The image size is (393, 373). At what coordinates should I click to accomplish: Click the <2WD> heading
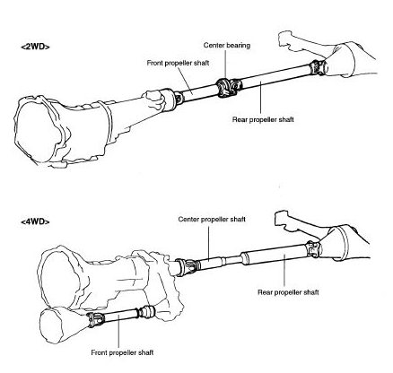pos(35,47)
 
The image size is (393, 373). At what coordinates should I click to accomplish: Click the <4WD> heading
pos(35,221)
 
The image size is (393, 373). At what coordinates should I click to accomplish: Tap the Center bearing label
pos(227,46)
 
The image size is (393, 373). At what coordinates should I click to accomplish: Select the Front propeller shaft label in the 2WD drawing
pos(178,63)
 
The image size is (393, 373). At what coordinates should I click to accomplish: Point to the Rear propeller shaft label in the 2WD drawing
pos(263,119)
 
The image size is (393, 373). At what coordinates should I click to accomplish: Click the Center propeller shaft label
pos(212,219)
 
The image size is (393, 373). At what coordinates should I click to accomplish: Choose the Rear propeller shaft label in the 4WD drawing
pos(288,292)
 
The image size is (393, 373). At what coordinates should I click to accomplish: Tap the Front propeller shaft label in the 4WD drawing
pos(122,352)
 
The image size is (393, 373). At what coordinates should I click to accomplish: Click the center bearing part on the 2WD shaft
pos(224,88)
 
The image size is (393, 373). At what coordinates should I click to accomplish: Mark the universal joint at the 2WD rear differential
pos(316,68)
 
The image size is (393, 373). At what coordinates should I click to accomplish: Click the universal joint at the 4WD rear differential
pos(313,249)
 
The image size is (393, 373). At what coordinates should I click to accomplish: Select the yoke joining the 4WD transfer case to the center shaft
pos(188,266)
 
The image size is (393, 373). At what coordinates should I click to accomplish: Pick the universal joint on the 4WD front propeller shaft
pos(95,319)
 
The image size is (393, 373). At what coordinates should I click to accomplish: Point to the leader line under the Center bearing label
pos(225,65)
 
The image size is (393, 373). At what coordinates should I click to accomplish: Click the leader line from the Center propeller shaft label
pos(208,242)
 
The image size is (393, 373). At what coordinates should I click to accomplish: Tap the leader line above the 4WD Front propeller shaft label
pos(118,331)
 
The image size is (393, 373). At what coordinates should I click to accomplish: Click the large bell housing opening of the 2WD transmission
pos(35,133)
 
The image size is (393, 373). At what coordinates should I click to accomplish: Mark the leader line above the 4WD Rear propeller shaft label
pos(284,272)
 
